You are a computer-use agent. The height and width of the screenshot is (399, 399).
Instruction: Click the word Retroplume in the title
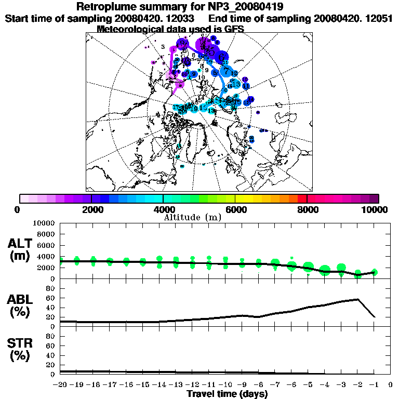click(106, 7)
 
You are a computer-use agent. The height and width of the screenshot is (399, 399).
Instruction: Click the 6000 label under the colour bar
click(235, 210)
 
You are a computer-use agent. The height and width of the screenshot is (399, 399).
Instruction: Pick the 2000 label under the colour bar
click(91, 210)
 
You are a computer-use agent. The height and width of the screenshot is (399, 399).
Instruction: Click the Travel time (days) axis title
click(227, 394)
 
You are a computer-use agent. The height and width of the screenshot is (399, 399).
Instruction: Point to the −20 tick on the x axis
click(60, 385)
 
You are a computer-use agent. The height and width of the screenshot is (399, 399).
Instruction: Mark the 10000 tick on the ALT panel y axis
click(44, 223)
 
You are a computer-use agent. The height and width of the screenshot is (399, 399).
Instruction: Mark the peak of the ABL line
click(357, 299)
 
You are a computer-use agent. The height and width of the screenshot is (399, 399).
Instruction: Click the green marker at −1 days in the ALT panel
click(374, 272)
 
